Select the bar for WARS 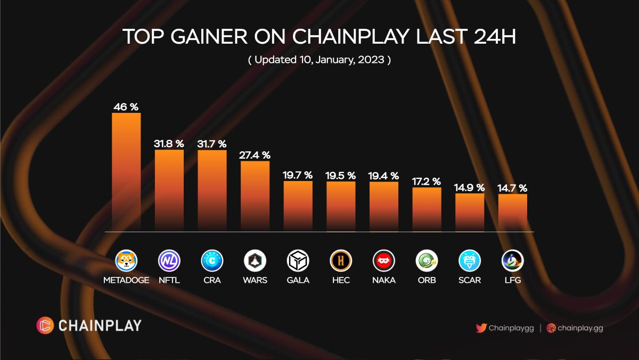pos(255,196)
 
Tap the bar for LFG pos(513,212)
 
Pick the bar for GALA pos(298,206)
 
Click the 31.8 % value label pos(169,143)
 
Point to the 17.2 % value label pos(427,181)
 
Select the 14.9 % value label pos(470,187)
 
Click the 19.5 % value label pos(341,175)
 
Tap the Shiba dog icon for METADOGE pos(126,261)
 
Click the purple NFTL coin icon pos(169,261)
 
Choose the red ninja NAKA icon pos(384,261)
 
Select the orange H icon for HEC pos(341,261)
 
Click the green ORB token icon pos(427,261)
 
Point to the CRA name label pos(212,280)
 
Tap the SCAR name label pos(470,280)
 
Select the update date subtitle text pos(319,60)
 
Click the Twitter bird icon pos(481,328)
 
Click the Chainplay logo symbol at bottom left pos(45,325)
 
